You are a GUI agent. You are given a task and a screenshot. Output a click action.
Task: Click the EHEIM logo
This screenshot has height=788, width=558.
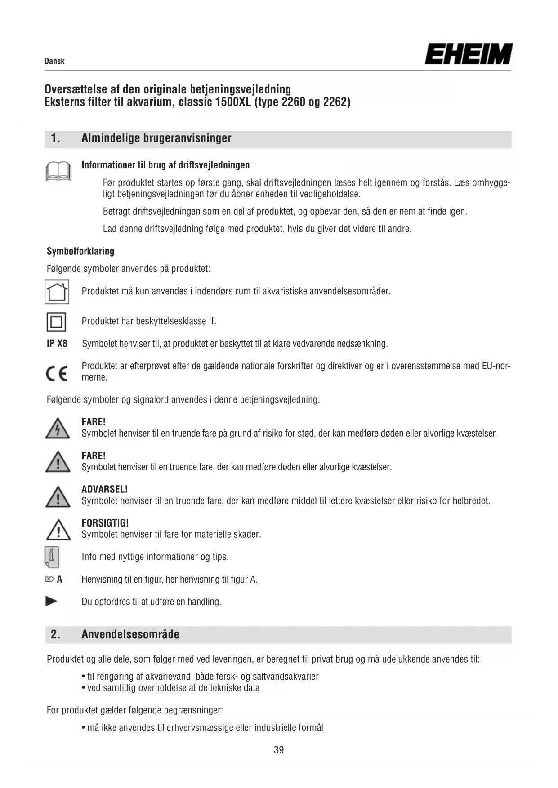point(468,54)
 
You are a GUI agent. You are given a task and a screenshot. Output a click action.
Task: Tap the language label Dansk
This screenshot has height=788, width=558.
point(54,61)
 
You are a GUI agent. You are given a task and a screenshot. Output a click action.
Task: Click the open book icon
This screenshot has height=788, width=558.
point(58,171)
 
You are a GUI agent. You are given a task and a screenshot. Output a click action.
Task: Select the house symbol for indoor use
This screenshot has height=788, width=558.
point(57,292)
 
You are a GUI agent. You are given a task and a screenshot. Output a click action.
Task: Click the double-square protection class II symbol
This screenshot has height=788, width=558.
point(56,322)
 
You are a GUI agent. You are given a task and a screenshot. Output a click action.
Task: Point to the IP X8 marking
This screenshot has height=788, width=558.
point(57,344)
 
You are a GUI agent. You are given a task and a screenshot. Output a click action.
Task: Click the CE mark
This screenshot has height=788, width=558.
point(57,373)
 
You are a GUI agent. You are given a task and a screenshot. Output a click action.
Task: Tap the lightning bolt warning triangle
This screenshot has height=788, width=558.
point(58,428)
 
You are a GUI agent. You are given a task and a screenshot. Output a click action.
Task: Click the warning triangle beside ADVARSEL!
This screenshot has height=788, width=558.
point(58,496)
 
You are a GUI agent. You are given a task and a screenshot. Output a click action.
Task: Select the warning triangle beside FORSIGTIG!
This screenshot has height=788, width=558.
point(58,530)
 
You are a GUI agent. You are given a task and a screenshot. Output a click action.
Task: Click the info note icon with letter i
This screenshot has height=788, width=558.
point(52,557)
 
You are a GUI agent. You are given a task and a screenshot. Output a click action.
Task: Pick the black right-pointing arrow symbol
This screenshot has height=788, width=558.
point(52,601)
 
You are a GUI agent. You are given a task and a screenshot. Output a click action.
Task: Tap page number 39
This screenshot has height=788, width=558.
point(279,750)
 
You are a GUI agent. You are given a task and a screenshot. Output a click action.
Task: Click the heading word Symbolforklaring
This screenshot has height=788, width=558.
point(80,251)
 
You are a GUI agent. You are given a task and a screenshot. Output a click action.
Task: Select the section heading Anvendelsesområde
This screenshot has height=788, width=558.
point(130,634)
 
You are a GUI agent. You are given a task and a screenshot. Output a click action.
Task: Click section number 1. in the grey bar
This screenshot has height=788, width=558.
point(55,138)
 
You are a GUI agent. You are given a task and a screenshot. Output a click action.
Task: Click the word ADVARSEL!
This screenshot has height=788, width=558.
point(104,489)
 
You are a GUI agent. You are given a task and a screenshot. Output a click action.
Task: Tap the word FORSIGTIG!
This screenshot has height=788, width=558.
point(105,523)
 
